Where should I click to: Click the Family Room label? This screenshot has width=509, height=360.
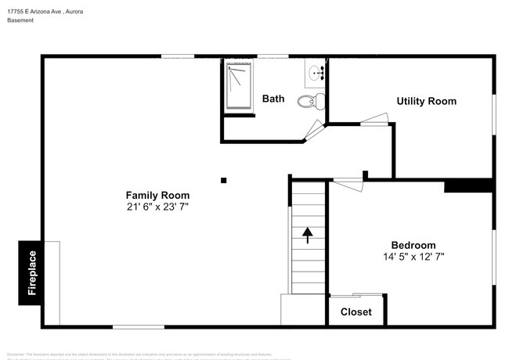157,195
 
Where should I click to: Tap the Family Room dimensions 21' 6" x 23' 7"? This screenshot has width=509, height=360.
157,207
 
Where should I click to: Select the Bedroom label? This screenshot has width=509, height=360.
413,245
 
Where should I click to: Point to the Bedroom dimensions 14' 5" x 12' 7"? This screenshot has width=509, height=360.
413,257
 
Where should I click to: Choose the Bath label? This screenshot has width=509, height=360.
273,99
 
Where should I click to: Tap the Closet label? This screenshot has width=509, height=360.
356,312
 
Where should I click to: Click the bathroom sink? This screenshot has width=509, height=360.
316,74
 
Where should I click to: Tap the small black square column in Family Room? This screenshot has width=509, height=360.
224,180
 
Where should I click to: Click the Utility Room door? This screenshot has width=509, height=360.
374,120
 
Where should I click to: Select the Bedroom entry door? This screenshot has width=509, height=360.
348,182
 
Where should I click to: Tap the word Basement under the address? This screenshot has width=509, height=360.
20,20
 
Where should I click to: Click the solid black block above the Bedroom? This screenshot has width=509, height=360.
467,186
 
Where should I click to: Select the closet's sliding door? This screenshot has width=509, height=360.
356,296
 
